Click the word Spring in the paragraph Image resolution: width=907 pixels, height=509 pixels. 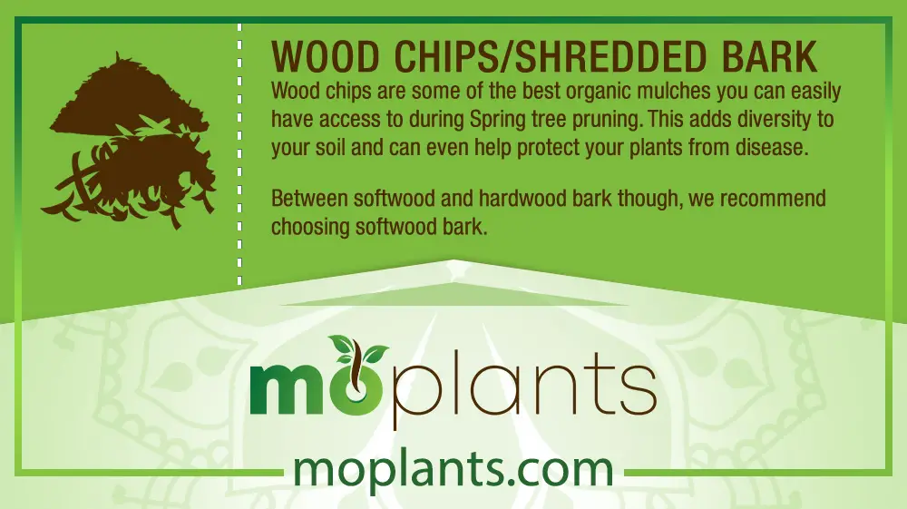(x=497, y=120)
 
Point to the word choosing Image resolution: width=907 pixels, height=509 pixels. (x=310, y=227)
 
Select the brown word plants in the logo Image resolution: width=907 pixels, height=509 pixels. (x=523, y=387)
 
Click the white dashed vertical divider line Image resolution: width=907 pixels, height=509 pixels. (x=239, y=154)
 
